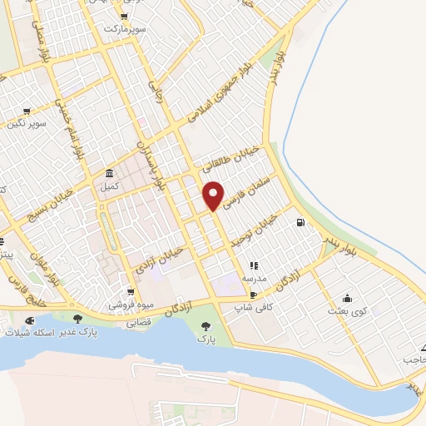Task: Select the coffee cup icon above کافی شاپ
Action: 253,295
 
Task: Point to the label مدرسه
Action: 254,279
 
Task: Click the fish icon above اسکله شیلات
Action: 31,319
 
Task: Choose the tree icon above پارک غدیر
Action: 77,319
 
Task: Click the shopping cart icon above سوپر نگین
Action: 27,111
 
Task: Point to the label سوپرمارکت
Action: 124,28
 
